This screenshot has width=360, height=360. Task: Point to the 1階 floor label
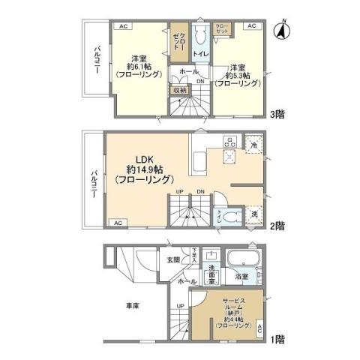coord(277,339)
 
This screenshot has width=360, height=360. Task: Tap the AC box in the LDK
coord(118,223)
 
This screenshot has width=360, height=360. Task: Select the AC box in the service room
coord(259,328)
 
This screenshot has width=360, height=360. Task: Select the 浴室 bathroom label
coord(241,277)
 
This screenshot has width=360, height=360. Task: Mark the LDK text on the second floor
coord(144,158)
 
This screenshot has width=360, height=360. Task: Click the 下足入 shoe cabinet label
coord(193,253)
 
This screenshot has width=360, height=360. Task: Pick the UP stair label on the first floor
coord(180,306)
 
